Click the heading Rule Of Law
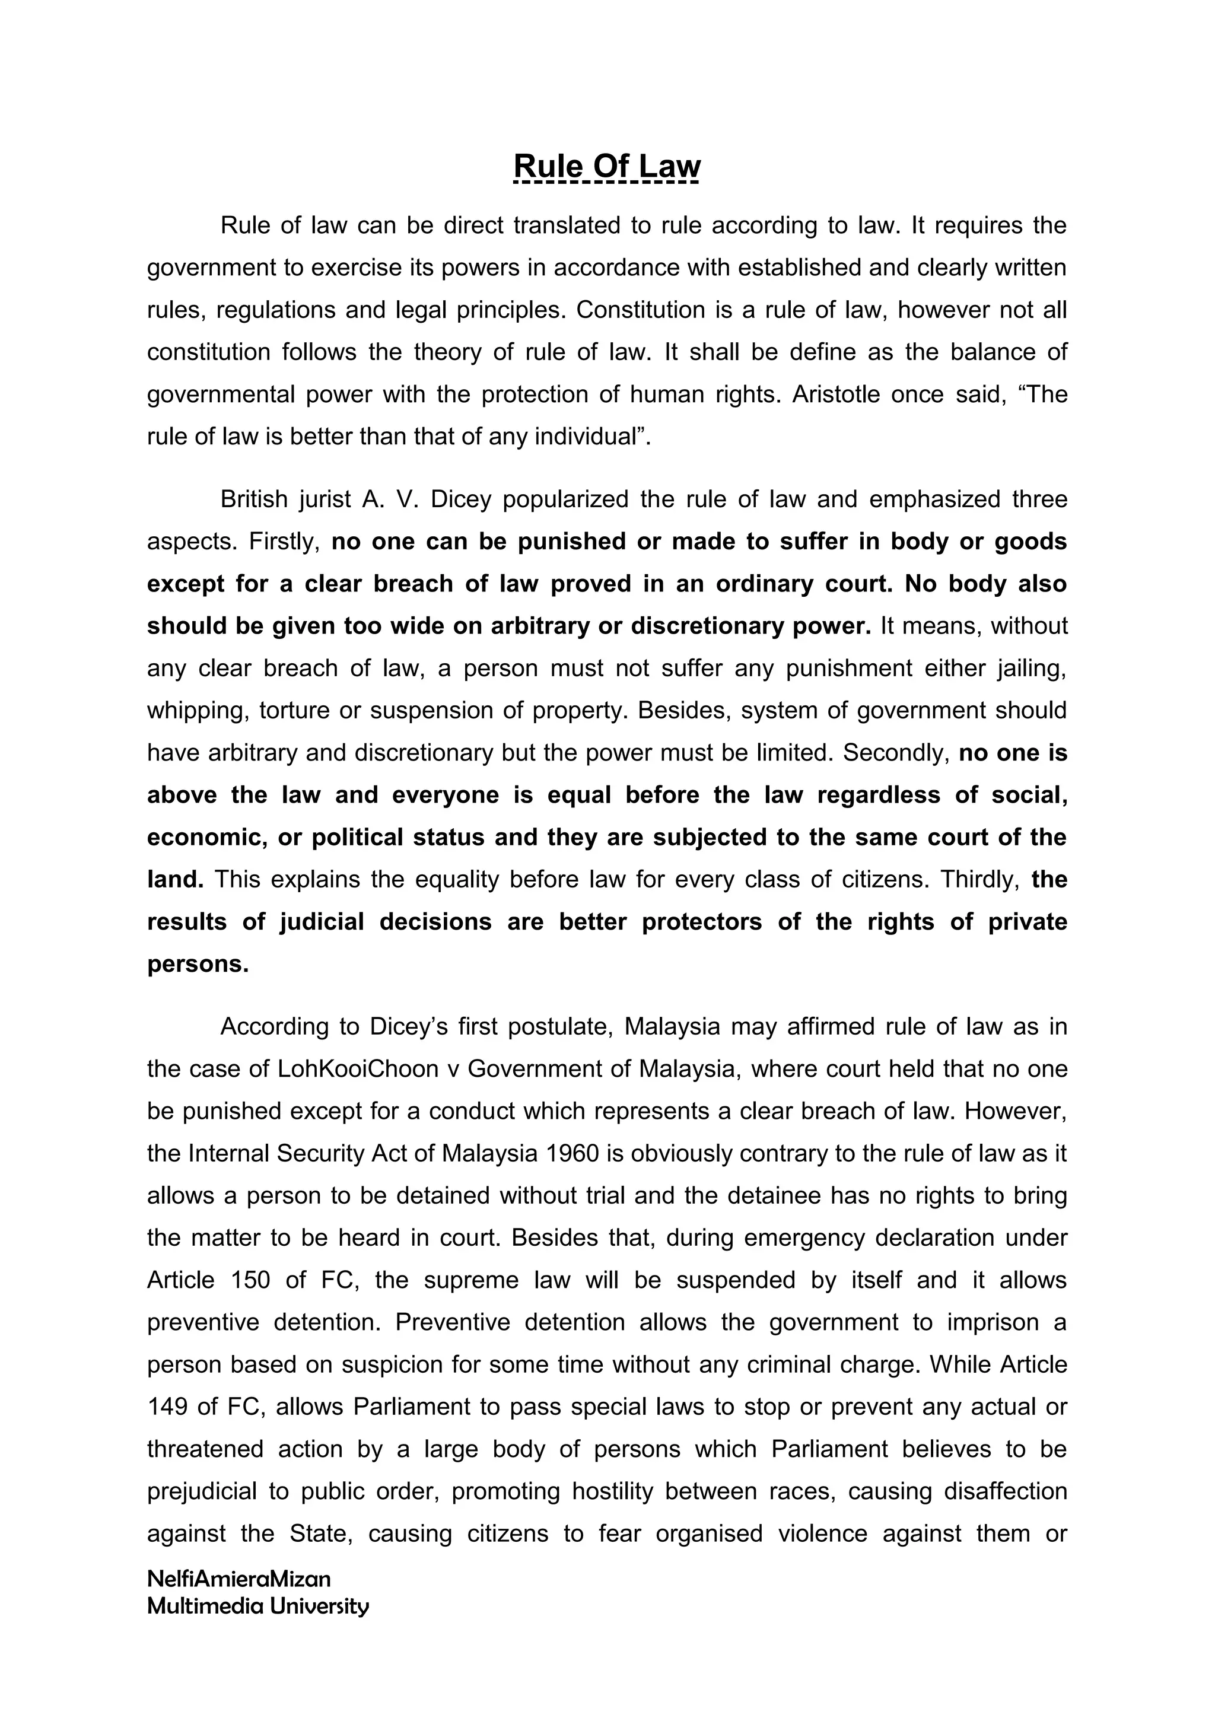pos(607,166)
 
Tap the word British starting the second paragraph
pos(254,499)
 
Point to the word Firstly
pos(284,541)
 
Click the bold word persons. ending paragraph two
pos(198,964)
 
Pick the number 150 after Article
pos(250,1280)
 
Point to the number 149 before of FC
pos(166,1407)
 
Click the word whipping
pos(197,710)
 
